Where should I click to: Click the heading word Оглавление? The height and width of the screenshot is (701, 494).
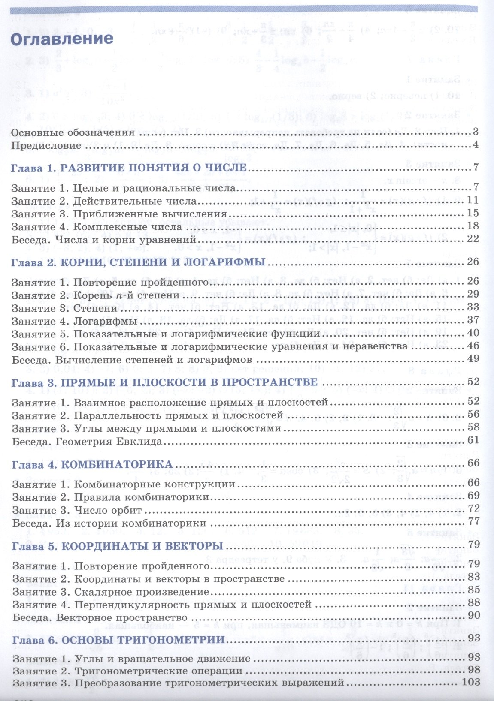pyautogui.click(x=62, y=39)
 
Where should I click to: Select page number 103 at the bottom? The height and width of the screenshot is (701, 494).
pyautogui.click(x=472, y=682)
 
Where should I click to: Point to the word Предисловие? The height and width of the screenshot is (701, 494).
pyautogui.click(x=46, y=145)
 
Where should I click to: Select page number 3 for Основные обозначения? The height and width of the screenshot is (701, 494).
pyautogui.click(x=476, y=132)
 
